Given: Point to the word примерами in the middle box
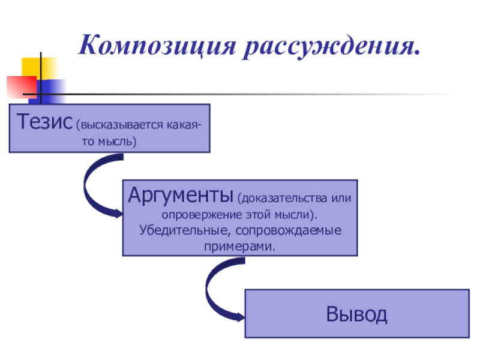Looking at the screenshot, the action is pyautogui.click(x=239, y=246).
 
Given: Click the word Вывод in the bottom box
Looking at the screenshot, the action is pyautogui.click(x=356, y=314).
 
